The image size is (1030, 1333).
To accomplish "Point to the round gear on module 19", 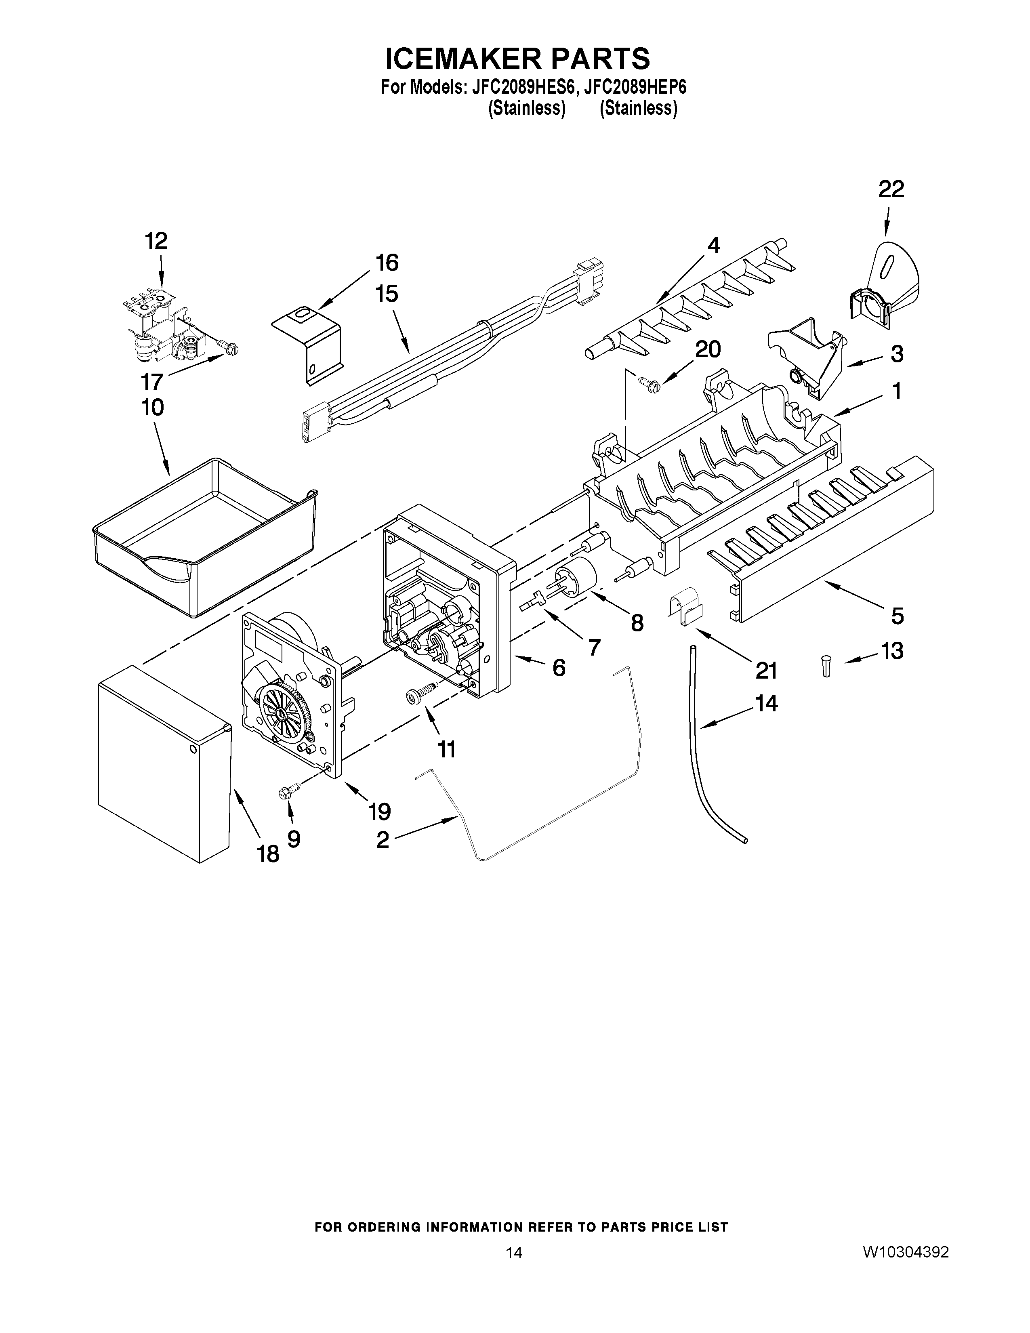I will (285, 712).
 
